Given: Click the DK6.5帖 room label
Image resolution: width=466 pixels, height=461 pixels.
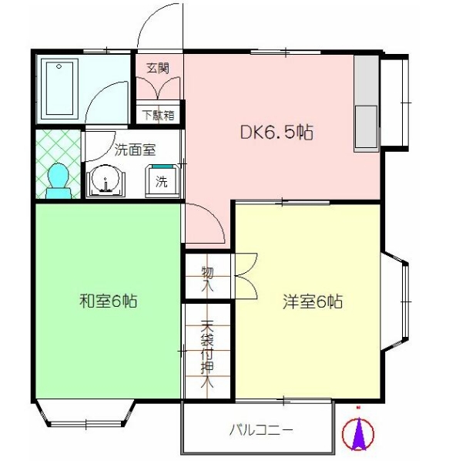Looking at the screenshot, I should click(x=276, y=132).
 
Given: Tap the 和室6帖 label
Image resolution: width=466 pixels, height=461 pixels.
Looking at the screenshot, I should click(x=109, y=301).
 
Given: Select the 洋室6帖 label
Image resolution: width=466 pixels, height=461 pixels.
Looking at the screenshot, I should click(x=311, y=301).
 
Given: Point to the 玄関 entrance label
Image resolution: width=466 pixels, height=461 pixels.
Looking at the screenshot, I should click(x=158, y=68).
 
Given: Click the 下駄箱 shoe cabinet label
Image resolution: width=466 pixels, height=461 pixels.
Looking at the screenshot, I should click(x=159, y=115).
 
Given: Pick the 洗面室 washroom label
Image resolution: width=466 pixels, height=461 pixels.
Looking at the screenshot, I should click(x=135, y=150).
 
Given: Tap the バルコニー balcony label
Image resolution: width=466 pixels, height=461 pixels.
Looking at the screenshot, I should click(x=261, y=429).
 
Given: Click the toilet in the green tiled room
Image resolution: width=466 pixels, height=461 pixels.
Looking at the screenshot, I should click(x=58, y=180).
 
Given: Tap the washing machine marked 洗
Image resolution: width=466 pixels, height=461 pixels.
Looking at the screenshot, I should click(x=162, y=182).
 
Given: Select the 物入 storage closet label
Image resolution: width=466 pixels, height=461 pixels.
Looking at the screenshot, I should click(x=206, y=278).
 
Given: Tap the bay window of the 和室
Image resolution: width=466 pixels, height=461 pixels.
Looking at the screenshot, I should click(x=85, y=414).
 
